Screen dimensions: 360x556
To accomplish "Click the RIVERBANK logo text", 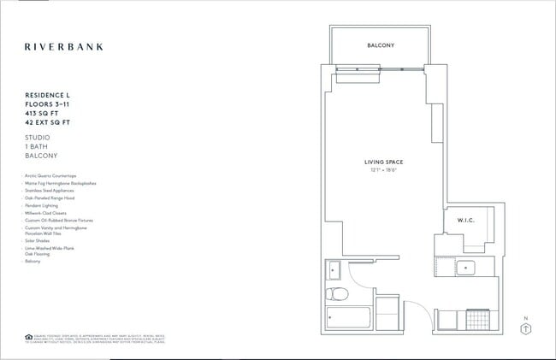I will pyautogui.click(x=63, y=46).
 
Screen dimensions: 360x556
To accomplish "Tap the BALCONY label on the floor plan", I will pyautogui.click(x=381, y=45).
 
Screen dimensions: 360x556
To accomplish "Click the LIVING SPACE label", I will pyautogui.click(x=382, y=162).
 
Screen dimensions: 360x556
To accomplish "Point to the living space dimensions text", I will pyautogui.click(x=382, y=170).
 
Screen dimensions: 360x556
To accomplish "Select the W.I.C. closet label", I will pyautogui.click(x=465, y=221).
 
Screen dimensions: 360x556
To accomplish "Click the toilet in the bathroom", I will pyautogui.click(x=337, y=296).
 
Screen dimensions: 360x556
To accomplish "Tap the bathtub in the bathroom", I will pyautogui.click(x=350, y=319).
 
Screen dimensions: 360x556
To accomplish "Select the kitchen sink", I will pyautogui.click(x=467, y=267).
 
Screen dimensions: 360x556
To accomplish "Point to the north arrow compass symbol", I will pyautogui.click(x=526, y=329).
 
